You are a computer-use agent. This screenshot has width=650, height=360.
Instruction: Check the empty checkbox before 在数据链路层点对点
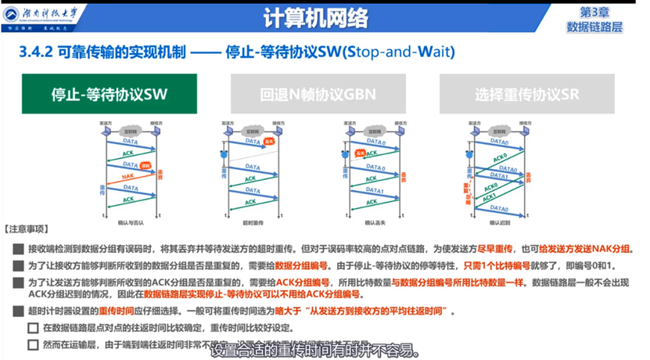(33, 327)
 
